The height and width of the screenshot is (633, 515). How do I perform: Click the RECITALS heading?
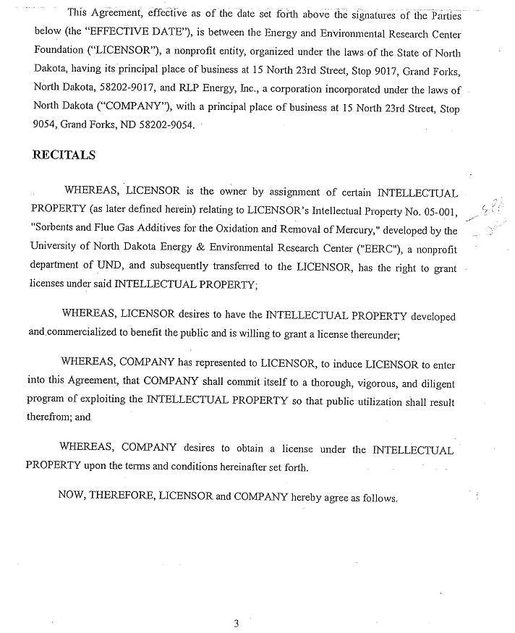pos(64,156)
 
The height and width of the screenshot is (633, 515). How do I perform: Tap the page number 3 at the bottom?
pos(236,624)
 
